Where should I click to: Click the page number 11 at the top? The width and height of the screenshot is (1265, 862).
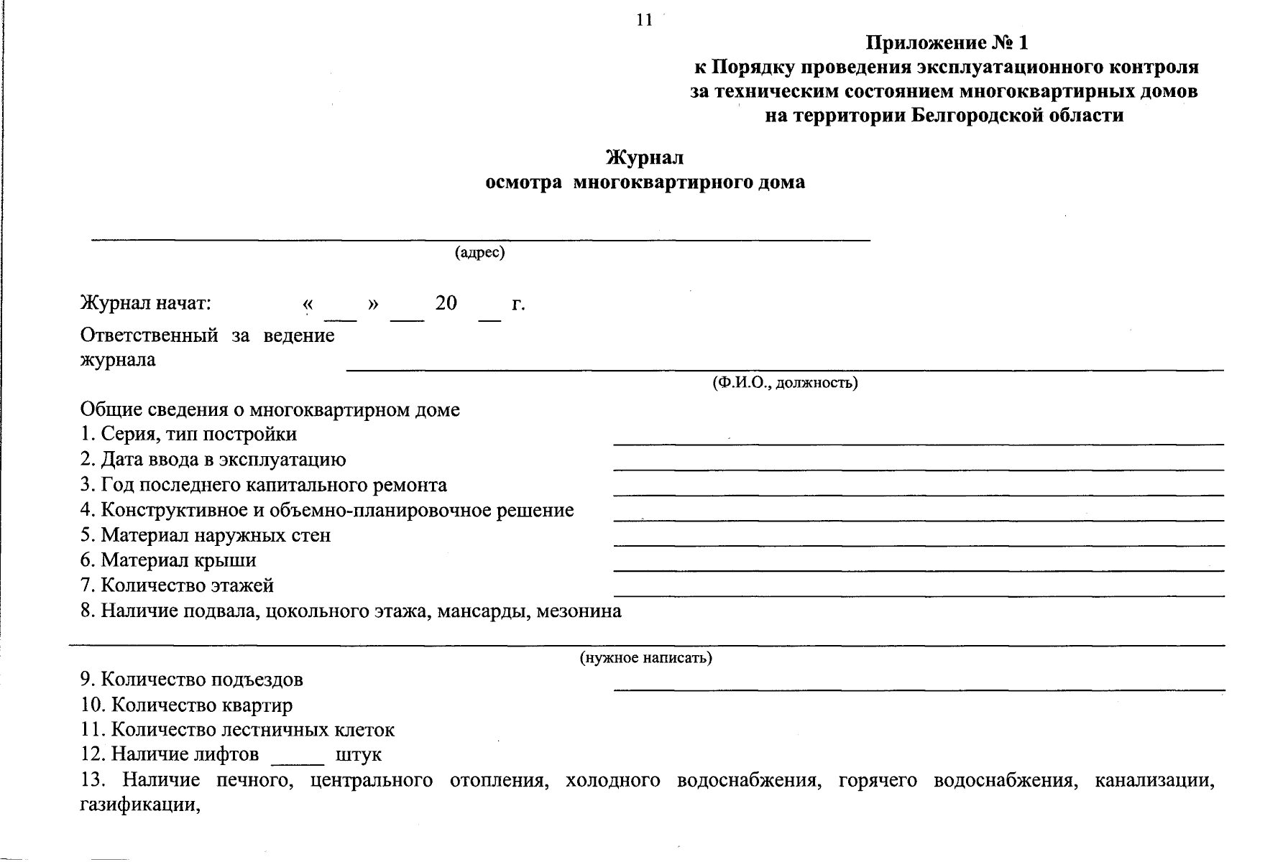(x=644, y=20)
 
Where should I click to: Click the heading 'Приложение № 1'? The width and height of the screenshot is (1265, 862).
(x=947, y=44)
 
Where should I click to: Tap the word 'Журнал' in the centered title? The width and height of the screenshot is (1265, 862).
(x=645, y=157)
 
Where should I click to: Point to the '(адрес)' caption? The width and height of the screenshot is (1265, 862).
(x=479, y=253)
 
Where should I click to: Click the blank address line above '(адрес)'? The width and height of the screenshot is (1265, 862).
(x=480, y=238)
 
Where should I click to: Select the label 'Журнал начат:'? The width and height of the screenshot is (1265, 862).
(x=146, y=303)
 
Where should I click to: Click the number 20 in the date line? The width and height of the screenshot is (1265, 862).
(x=446, y=303)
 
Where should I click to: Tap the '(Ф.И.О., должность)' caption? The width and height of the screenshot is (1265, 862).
(x=785, y=383)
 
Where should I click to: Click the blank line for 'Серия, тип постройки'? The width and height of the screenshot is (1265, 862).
(x=918, y=443)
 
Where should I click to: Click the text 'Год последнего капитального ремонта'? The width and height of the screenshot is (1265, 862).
(x=264, y=486)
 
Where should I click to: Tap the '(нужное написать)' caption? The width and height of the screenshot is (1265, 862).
(x=645, y=658)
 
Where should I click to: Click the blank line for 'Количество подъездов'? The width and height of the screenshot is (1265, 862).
(x=918, y=689)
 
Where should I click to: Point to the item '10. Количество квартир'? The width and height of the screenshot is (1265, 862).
(x=187, y=705)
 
